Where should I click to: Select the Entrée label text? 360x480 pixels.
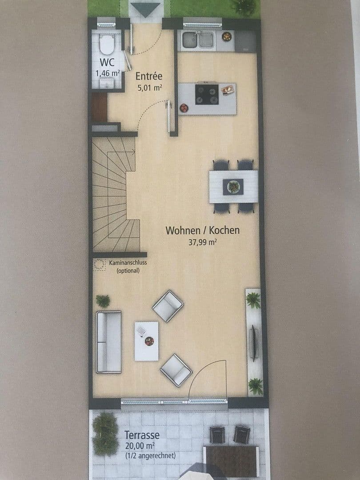point(149,76)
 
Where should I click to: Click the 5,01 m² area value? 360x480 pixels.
point(149,88)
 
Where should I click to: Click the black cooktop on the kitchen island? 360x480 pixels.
point(207,95)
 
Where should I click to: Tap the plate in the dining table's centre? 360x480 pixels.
point(233,186)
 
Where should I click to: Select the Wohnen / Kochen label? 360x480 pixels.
point(202,230)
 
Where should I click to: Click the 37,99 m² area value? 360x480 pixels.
point(202,242)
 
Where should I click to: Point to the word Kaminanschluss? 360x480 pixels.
point(128,263)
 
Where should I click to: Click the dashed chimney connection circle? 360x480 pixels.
point(99,264)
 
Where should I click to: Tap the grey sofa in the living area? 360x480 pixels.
point(109,341)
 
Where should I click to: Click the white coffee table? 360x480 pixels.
point(146,341)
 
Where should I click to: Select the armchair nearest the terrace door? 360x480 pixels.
point(176,370)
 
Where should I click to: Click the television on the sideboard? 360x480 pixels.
point(253,343)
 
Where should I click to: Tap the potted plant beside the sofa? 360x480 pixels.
point(103,301)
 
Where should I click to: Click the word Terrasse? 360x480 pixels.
point(142,435)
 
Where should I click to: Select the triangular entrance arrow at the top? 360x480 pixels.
point(146,9)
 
